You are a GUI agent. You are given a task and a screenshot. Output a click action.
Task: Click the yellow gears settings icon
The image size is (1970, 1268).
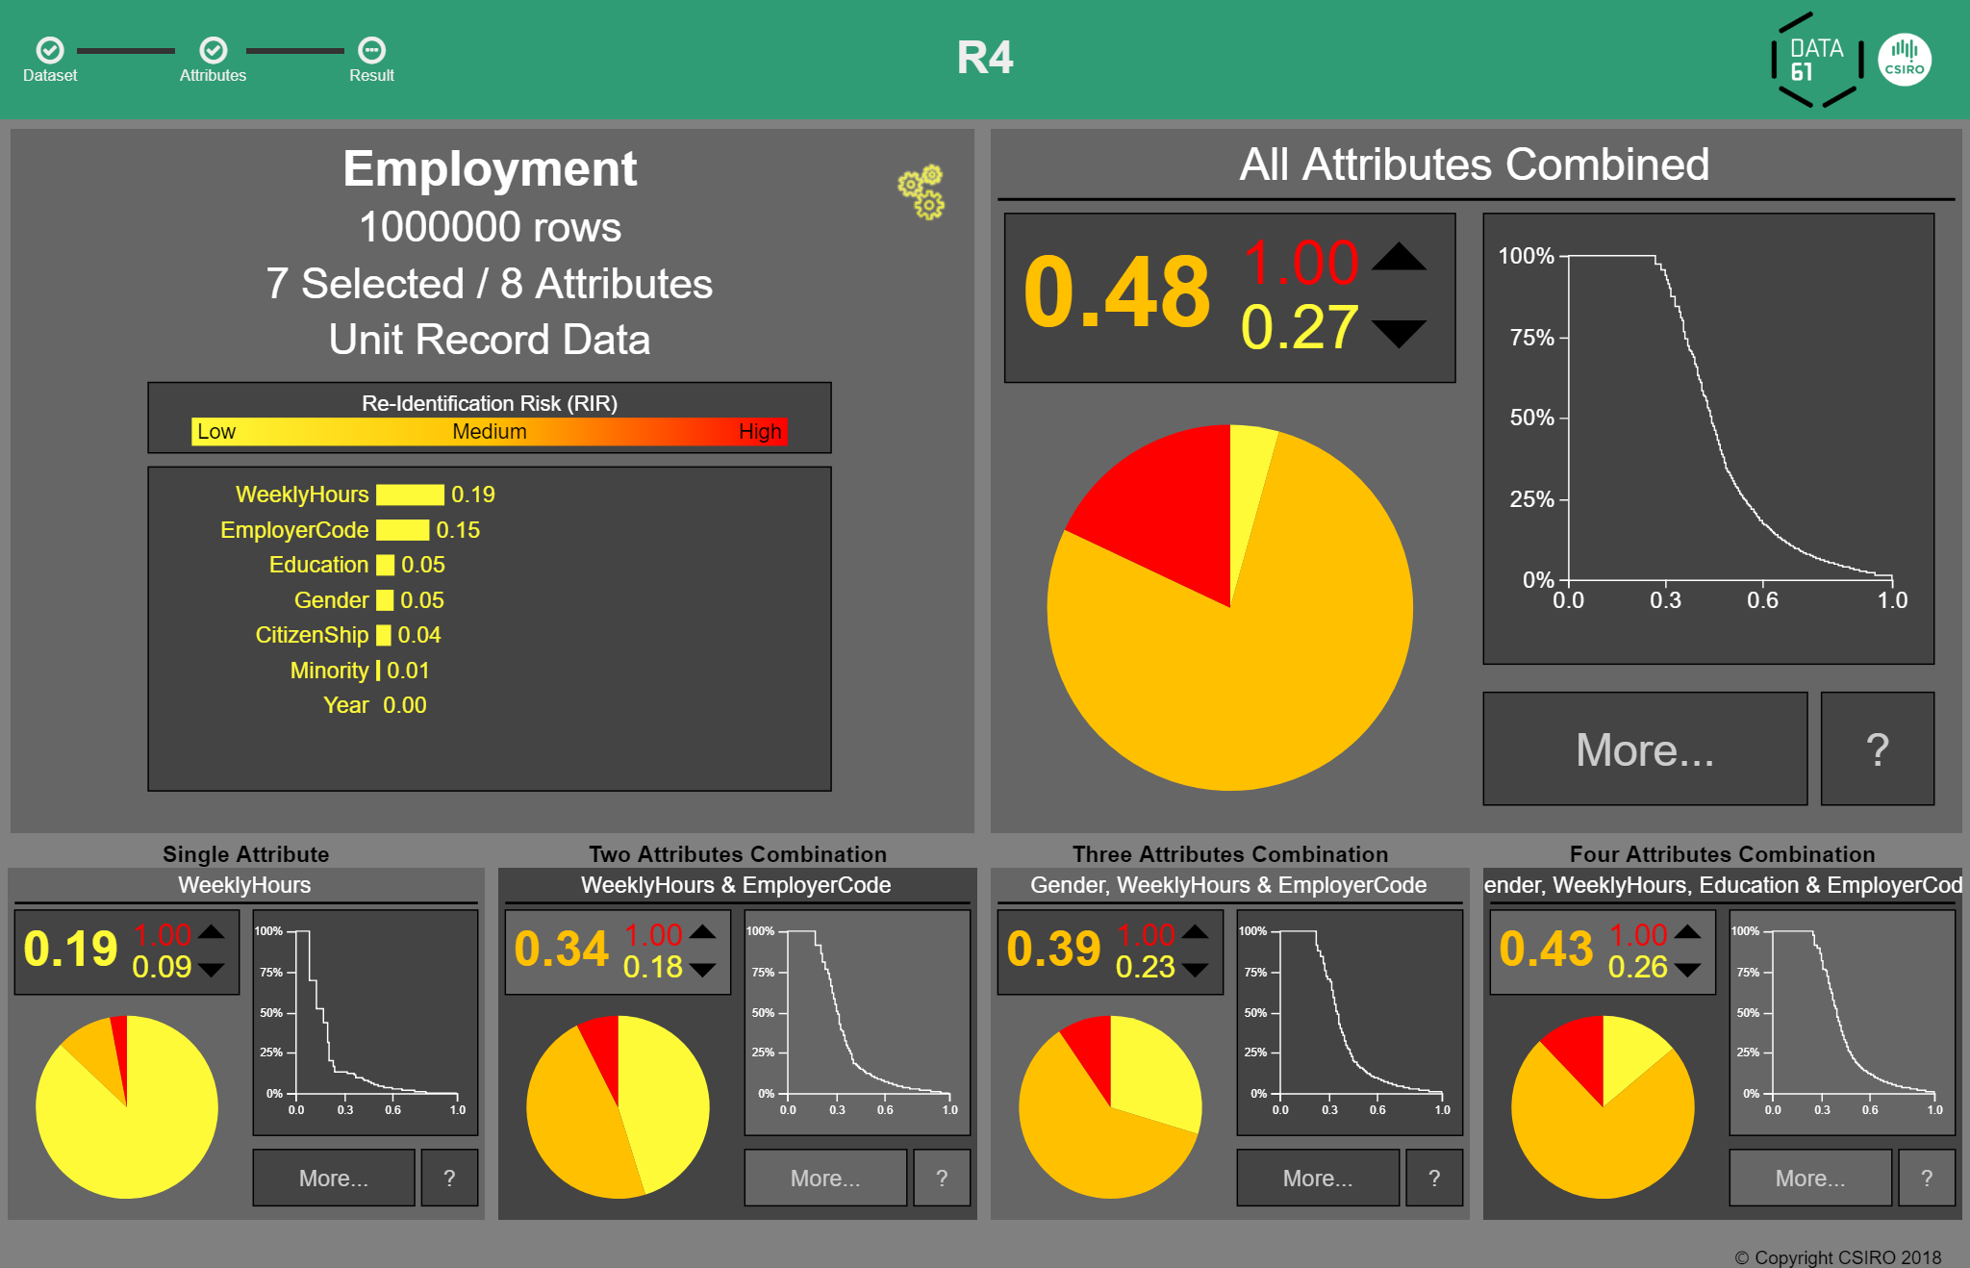922,191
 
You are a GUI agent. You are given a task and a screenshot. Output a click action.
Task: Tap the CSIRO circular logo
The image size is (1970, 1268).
1904,60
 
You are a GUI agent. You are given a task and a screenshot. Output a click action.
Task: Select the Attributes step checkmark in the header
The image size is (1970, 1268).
213,50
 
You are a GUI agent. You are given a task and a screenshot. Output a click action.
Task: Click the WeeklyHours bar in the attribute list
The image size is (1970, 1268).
410,495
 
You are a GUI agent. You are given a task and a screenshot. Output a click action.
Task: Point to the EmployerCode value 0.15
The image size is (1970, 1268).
458,530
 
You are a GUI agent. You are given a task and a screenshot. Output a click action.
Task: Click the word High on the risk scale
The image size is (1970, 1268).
759,432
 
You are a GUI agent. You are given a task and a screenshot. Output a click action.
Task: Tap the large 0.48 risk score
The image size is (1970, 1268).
1116,292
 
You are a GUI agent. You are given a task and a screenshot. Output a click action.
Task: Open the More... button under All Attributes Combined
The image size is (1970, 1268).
1644,749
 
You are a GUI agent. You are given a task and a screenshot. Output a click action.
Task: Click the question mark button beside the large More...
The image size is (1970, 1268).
1877,749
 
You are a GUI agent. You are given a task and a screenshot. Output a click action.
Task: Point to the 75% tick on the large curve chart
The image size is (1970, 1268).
1531,338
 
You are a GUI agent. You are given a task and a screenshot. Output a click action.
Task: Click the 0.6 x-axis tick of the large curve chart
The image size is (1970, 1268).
1762,600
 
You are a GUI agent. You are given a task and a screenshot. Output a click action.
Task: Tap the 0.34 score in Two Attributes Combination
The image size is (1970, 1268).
561,949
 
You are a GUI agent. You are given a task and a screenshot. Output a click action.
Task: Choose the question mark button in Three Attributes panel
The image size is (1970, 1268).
1433,1178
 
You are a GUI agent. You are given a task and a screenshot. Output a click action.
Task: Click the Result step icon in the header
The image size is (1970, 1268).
371,50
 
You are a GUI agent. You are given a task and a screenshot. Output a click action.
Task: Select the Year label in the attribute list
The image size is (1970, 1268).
345,705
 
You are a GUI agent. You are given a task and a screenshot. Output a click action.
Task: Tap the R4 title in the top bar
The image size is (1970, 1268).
984,58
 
